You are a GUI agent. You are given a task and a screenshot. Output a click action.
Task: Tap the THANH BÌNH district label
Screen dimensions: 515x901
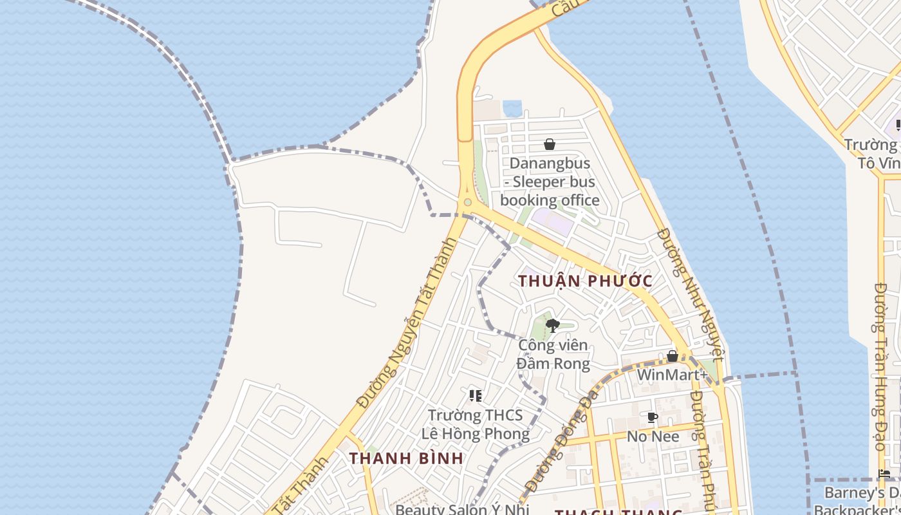pos(406,458)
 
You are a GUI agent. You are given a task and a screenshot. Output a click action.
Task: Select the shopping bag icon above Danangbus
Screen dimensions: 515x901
pos(550,144)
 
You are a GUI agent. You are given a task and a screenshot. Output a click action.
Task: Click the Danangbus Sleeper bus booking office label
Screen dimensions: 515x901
pos(550,182)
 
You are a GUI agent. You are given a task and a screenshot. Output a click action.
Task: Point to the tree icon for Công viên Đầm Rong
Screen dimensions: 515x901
pos(552,326)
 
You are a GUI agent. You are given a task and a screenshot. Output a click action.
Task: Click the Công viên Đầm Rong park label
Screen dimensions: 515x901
pos(553,354)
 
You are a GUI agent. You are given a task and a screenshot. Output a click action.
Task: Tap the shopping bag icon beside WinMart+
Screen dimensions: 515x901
pos(673,356)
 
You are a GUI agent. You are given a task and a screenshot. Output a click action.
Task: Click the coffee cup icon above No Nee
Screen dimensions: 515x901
pos(653,418)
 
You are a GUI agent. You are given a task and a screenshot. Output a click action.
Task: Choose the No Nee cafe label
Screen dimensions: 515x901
pos(653,436)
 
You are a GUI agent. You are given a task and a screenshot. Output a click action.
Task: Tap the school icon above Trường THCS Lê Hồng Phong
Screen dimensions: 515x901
pos(476,395)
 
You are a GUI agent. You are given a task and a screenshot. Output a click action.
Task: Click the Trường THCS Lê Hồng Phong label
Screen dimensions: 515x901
pos(476,424)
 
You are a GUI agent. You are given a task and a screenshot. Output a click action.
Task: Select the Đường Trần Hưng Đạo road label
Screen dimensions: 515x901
pos(881,367)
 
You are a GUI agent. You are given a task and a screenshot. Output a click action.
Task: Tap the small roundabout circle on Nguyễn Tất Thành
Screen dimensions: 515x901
pos(468,202)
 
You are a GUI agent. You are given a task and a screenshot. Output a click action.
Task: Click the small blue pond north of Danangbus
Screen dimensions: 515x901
pos(512,108)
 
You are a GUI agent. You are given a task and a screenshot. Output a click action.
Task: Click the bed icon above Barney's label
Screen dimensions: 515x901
pos(885,474)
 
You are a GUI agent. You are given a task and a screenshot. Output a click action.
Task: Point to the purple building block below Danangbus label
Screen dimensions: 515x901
pos(552,223)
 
